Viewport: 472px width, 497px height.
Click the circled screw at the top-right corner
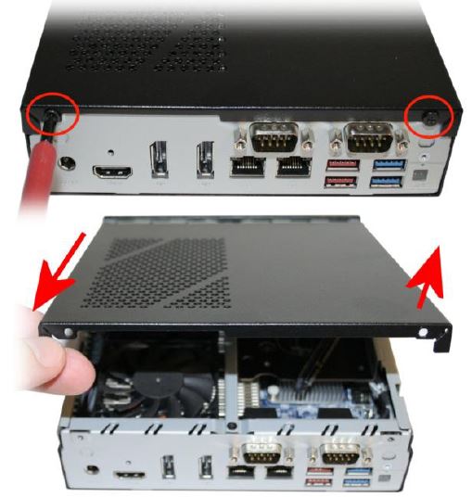(432, 115)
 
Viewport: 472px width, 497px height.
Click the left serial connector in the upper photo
(269, 140)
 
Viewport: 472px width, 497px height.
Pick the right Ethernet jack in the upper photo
(292, 168)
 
